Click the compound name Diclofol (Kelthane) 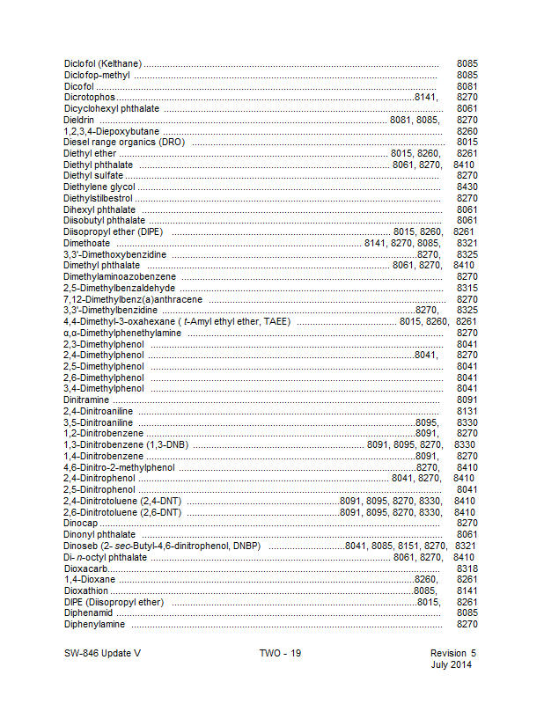pos(103,64)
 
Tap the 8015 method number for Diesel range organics pos(467,142)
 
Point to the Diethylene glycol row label pos(99,187)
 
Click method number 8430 pos(467,187)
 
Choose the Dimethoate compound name pos(87,243)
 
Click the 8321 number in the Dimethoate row pos(467,243)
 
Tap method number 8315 pos(467,288)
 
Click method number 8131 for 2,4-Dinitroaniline pos(467,411)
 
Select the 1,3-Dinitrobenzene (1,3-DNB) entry pos(127,444)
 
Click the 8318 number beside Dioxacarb pos(467,568)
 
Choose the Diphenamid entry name pos(89,612)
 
